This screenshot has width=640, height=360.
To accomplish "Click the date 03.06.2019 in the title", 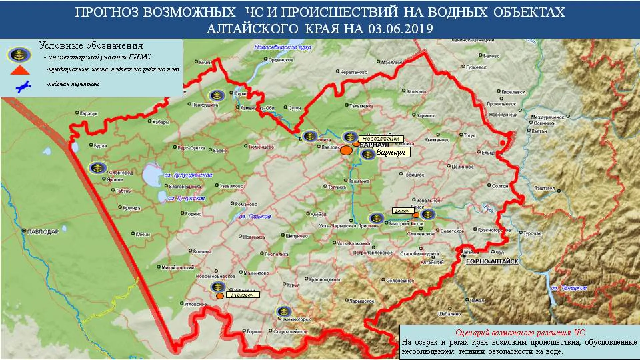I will point(401,29).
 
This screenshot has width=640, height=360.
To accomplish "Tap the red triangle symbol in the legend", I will point(20,70).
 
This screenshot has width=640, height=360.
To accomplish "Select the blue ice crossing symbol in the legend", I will point(23,86).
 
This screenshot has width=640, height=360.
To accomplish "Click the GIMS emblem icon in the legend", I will point(19,55).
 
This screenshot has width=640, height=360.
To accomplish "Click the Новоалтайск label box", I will point(381,139).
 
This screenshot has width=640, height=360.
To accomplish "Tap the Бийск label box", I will point(403,211).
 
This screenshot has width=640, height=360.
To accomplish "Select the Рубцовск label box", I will point(243,295).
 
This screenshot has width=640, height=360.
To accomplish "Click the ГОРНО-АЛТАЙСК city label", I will point(492,262).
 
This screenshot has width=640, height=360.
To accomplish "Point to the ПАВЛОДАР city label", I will point(42,231).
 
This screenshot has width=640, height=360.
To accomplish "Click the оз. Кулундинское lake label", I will point(188,175).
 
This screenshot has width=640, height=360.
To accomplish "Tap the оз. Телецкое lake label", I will point(569,288).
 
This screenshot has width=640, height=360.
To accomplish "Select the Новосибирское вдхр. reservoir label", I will point(283,47).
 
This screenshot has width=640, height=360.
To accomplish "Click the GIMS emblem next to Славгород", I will point(98,168).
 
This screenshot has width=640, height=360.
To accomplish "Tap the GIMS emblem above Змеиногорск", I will point(284,312).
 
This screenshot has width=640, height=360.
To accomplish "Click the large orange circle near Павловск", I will point(346,150).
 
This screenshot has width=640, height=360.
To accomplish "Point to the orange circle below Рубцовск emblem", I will point(220,296).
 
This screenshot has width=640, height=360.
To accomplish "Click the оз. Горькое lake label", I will point(255,217).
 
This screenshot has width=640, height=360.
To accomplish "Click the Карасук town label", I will point(89,114).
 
